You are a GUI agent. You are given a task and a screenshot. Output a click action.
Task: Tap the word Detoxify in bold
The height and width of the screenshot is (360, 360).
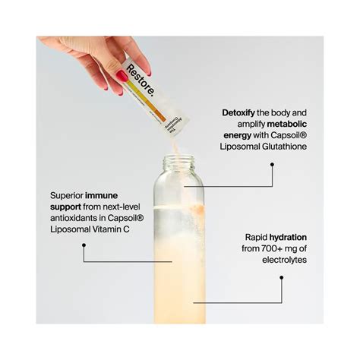[x=240, y=111]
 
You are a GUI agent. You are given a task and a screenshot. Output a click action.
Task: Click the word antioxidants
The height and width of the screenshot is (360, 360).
[x=78, y=217]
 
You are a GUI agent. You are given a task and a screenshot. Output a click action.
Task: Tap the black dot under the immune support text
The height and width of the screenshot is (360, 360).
[x=84, y=245]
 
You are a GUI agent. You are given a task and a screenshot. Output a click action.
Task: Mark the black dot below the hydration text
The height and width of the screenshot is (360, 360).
[x=282, y=278]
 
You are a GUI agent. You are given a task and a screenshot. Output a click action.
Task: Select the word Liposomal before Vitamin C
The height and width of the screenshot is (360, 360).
[x=68, y=229]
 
